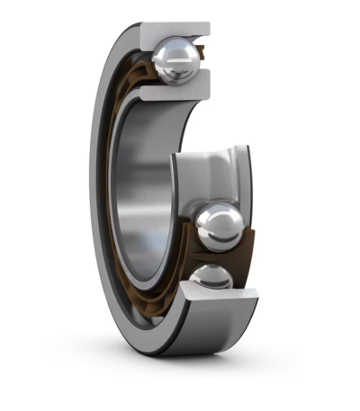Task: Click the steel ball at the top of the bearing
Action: click(x=175, y=61)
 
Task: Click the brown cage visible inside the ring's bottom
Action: click(x=144, y=306)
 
